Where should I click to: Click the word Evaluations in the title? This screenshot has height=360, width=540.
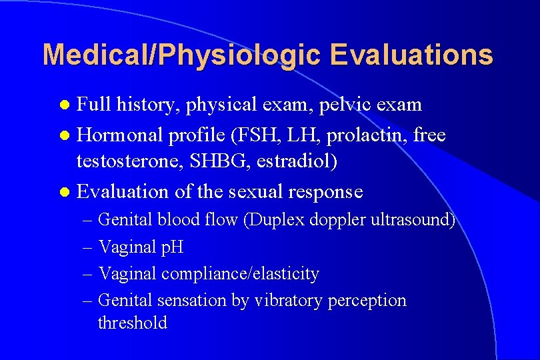(411, 55)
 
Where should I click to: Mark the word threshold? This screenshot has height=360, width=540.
(132, 323)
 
